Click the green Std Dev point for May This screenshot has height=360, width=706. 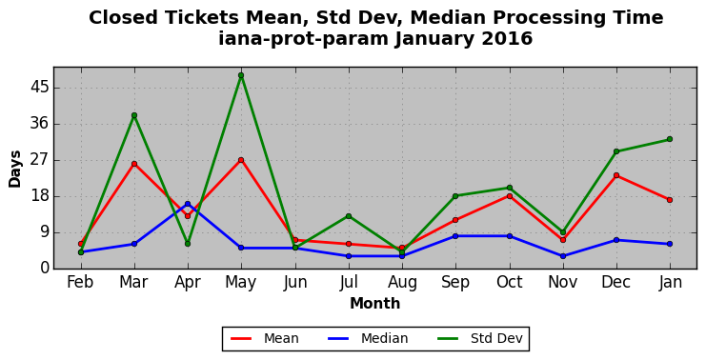point(241,75)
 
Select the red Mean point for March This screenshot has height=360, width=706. point(134,164)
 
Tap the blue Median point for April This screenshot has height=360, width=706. point(188,204)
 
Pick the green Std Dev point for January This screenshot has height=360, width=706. point(670,139)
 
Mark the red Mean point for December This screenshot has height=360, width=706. point(616,175)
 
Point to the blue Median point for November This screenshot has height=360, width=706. point(563,256)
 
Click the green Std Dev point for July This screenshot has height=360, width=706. point(349,216)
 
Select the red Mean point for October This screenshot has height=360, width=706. point(509,196)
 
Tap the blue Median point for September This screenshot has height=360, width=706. point(455,236)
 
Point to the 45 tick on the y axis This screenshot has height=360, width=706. point(39,88)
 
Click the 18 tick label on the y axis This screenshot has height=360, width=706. point(39,196)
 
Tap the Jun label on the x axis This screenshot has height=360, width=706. point(295,282)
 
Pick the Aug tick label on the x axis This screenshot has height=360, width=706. point(402,283)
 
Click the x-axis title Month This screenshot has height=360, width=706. point(375,303)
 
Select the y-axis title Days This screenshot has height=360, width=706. point(15,169)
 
